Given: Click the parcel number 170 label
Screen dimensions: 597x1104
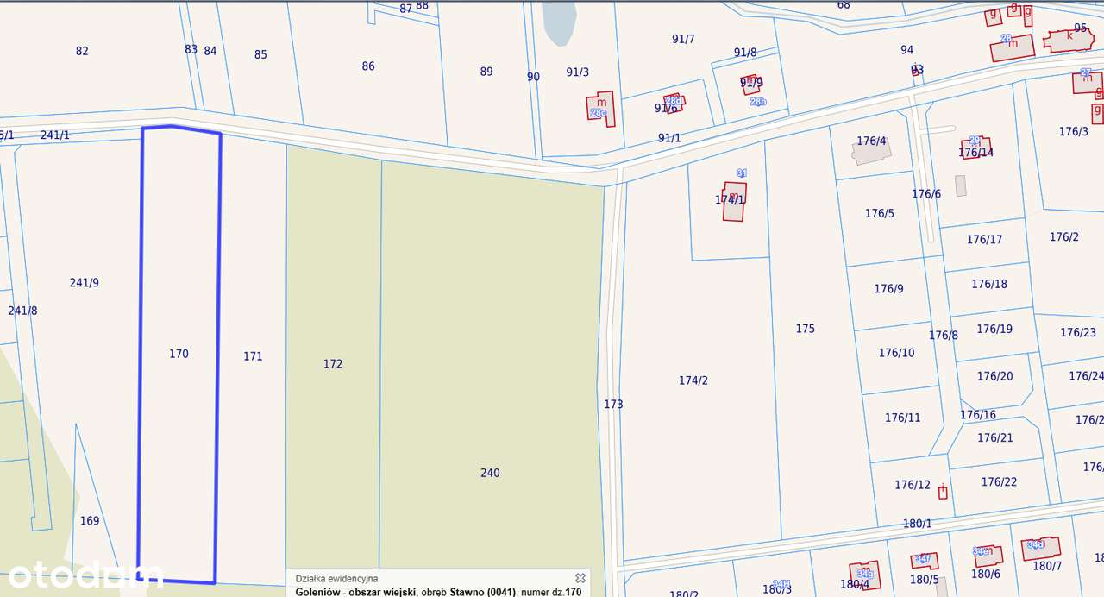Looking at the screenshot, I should pos(179,354).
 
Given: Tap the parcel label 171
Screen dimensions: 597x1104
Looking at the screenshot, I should pos(253,356).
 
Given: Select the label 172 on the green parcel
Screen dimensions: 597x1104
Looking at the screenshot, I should pos(333,364).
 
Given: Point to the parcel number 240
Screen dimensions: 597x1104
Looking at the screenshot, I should pos(490,473).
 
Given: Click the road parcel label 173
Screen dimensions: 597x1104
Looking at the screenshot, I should pos(613,404).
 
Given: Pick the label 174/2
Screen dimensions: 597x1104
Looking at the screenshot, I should pos(693,380).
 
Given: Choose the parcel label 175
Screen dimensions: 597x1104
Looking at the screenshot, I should pos(805,329).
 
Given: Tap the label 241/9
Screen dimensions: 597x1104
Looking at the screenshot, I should pos(85,282).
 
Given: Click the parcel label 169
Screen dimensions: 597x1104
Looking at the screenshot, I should pos(90,521).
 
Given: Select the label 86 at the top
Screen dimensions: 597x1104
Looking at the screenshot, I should pos(368,66).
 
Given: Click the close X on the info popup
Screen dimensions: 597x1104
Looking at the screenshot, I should pos(580,578).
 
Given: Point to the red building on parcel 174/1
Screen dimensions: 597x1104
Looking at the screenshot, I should pos(734,201).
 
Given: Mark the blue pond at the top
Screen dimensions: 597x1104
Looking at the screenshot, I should pos(559,22).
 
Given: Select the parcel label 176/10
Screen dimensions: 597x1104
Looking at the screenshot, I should pos(896,353).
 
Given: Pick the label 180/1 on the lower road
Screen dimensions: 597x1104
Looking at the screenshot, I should pos(918,524).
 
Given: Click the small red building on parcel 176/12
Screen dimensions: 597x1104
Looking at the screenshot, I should pos(943,492).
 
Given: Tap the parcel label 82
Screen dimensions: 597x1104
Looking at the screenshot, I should pos(82,51).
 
